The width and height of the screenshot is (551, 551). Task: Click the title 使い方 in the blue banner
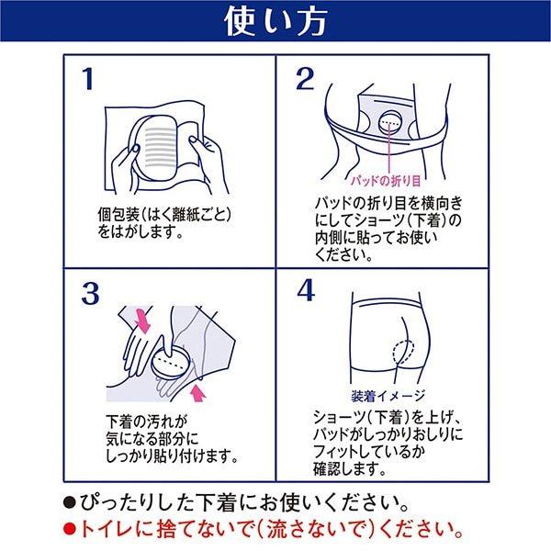[x=275, y=23]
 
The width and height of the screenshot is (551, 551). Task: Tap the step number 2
[x=306, y=80]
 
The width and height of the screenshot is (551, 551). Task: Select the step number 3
[x=89, y=293]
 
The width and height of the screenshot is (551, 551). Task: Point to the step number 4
[x=306, y=293]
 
